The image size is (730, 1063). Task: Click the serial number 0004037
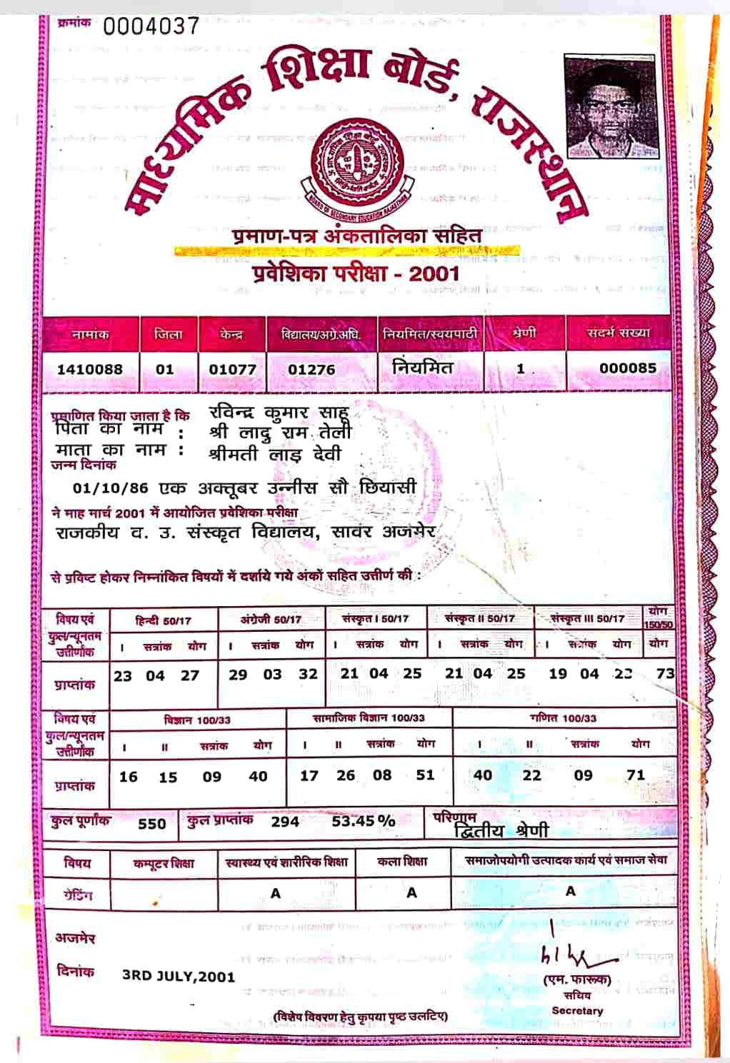[151, 26]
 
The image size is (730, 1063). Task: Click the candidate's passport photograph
[611, 106]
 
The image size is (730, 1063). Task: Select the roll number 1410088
[90, 369]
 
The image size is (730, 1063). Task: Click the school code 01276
[311, 370]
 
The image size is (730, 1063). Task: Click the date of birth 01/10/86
[111, 488]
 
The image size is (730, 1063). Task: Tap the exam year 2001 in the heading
[434, 273]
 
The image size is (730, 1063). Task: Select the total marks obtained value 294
[285, 822]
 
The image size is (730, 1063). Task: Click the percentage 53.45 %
[363, 821]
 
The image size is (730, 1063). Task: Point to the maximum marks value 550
[152, 823]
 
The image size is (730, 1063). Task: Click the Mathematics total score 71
[636, 775]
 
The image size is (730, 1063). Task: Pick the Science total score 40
[258, 776]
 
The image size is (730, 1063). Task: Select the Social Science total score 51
[425, 775]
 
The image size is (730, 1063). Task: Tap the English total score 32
[308, 674]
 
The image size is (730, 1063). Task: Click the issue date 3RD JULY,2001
[179, 976]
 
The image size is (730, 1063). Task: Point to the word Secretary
[577, 1011]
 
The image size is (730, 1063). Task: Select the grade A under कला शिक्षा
[411, 892]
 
